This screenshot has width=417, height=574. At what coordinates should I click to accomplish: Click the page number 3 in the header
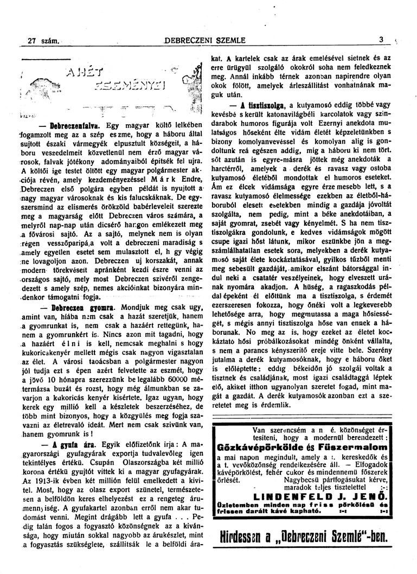(382, 40)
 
